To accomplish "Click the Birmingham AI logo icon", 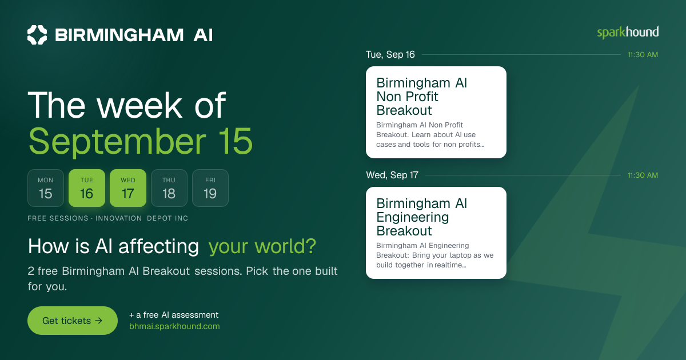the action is click(x=37, y=35).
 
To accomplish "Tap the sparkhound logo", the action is click(x=628, y=33).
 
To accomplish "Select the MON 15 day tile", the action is click(x=46, y=188).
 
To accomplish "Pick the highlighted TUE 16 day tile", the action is click(x=87, y=188).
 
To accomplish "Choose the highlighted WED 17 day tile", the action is click(x=128, y=188).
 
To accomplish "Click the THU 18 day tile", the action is click(x=169, y=188).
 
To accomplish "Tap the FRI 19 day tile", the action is click(x=210, y=188).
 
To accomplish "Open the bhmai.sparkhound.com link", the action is click(x=174, y=326).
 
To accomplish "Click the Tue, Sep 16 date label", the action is click(x=390, y=54).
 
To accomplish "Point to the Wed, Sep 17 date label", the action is click(x=392, y=175).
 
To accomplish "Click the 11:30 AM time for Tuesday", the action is click(x=643, y=55).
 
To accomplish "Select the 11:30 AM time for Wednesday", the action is click(x=643, y=175).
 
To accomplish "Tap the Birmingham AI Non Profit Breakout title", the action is click(x=422, y=97).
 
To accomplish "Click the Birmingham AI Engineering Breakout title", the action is click(x=422, y=217).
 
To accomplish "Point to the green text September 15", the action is click(x=141, y=142).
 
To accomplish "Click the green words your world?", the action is click(x=262, y=246).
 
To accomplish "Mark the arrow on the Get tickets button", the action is click(x=98, y=321).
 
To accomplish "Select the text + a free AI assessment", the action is click(x=174, y=315).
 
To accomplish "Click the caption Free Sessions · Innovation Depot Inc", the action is click(x=108, y=218).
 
